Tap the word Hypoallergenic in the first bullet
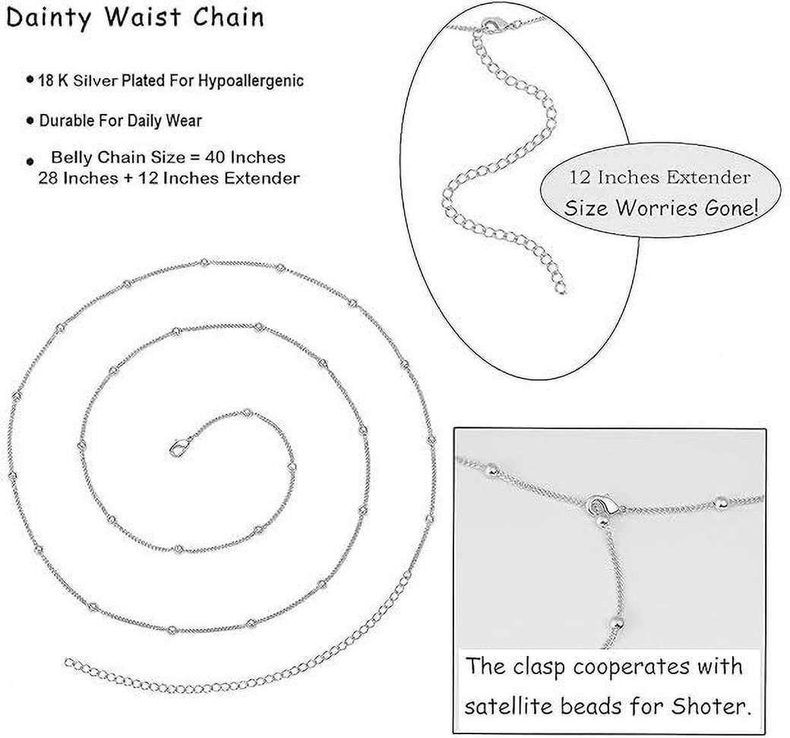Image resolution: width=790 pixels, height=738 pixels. point(251,81)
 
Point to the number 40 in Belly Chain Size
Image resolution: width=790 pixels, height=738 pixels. point(221,158)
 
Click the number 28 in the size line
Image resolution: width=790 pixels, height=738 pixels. point(47,178)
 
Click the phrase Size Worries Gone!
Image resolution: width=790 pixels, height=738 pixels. point(661,208)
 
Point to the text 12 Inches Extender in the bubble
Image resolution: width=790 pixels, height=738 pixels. point(660,178)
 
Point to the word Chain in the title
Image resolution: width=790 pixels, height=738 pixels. point(228,17)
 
